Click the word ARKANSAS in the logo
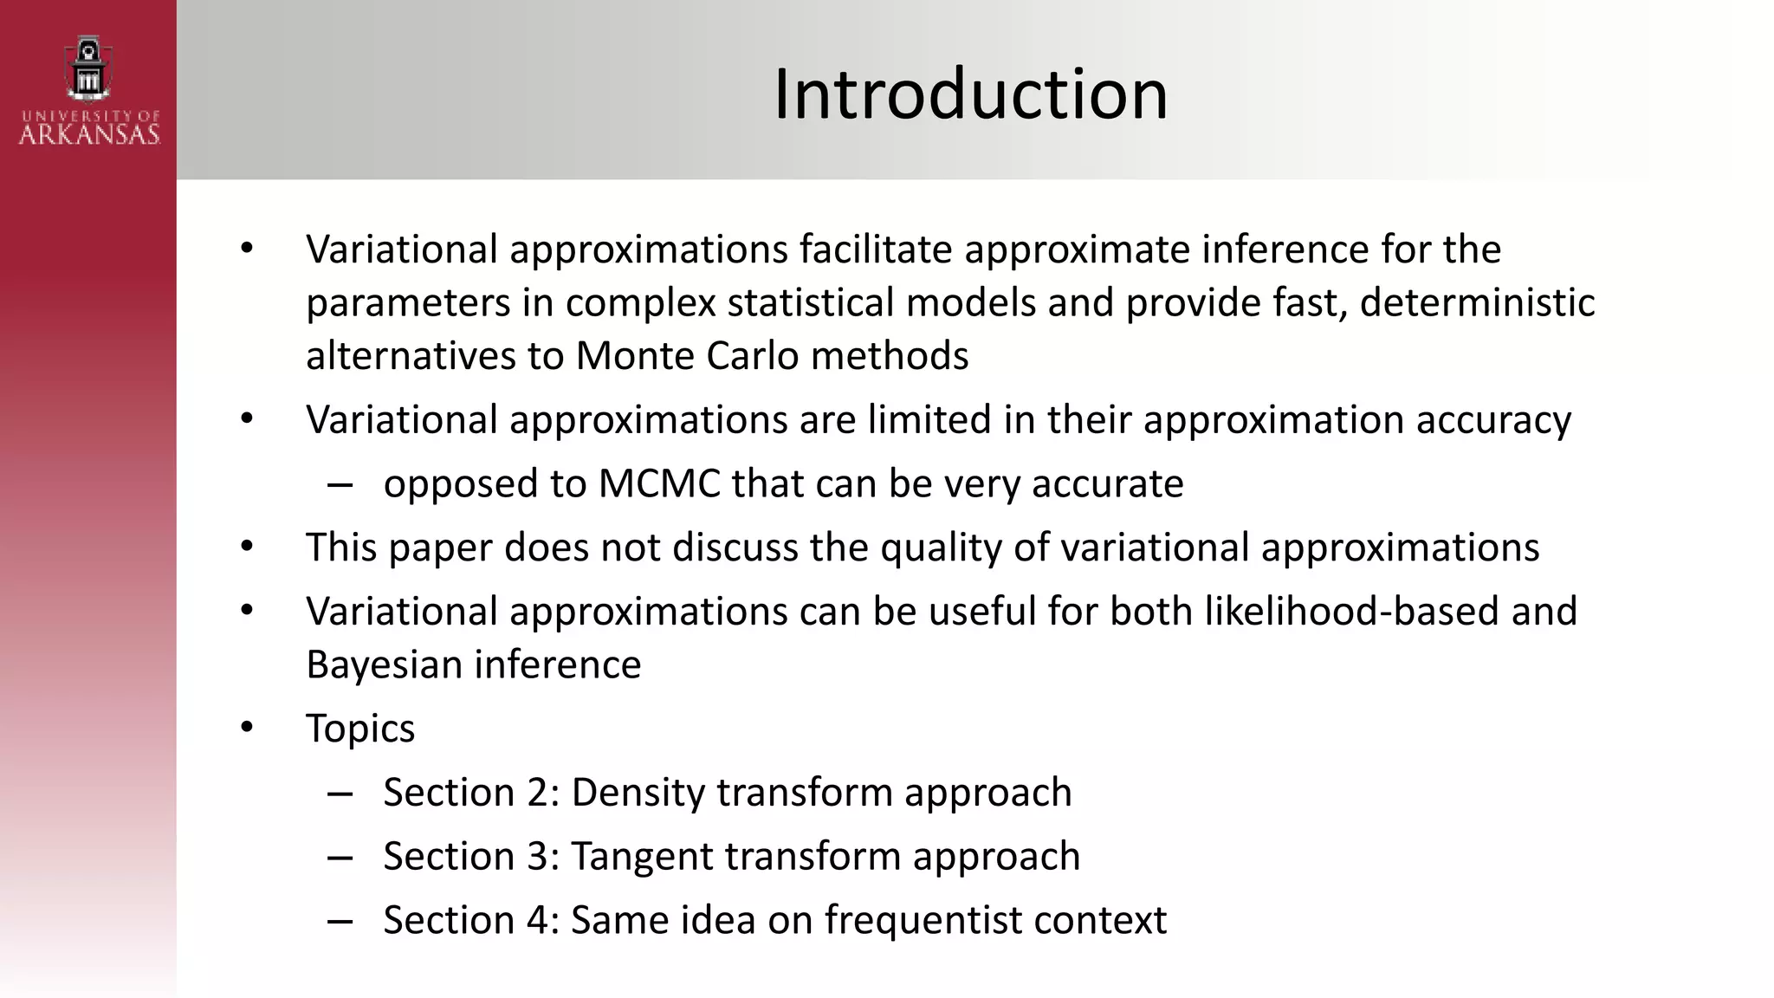(89, 134)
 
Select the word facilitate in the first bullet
(875, 249)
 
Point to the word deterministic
(1477, 303)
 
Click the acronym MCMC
(659, 483)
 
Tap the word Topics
(360, 729)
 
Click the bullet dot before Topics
(247, 727)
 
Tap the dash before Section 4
(340, 921)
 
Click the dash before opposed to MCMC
(340, 484)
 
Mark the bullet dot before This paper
(247, 547)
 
